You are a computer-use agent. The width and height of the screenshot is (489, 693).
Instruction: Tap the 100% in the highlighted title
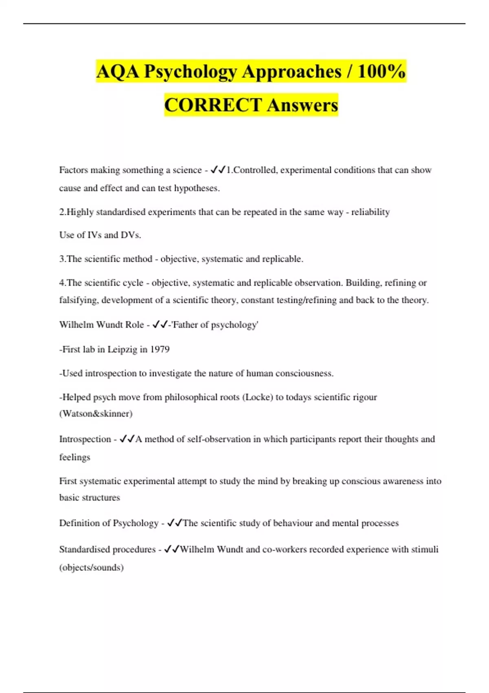click(382, 71)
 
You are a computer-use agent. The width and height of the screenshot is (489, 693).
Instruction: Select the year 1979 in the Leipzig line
click(160, 349)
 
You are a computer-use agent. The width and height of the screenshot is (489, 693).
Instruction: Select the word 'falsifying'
click(78, 300)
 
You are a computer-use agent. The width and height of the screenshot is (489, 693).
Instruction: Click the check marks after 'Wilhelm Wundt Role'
click(160, 324)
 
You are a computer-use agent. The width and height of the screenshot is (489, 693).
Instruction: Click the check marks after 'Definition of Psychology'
click(175, 523)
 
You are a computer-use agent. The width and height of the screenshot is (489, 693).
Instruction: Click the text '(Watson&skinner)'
click(96, 414)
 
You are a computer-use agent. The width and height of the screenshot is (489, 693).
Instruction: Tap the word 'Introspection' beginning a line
click(85, 439)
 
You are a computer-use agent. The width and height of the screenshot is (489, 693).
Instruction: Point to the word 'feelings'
click(75, 457)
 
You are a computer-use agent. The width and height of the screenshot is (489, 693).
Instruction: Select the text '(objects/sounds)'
click(91, 567)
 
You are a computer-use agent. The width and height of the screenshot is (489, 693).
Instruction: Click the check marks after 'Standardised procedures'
click(172, 549)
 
